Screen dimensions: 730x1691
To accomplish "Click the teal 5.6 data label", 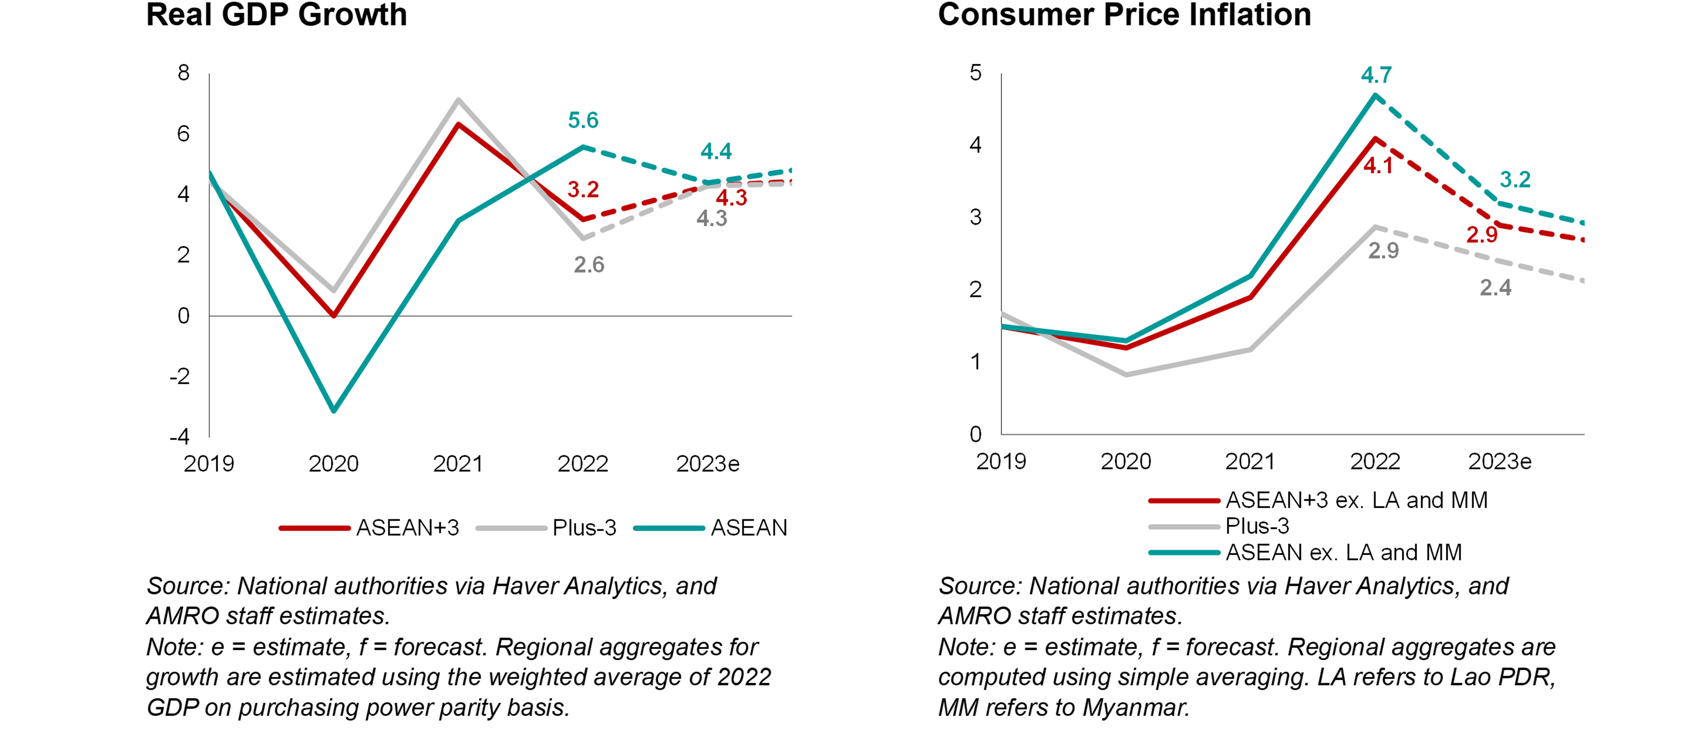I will point(583,120).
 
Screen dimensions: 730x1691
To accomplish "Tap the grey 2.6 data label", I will point(589,264).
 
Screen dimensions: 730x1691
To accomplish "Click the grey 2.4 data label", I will point(1495,287).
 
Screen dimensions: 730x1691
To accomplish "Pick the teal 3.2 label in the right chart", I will point(1515,179).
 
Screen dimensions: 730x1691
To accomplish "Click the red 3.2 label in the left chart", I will point(583,190).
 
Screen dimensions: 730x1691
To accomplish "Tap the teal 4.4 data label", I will point(716,152).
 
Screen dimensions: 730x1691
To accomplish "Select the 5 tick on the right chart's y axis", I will point(975,73).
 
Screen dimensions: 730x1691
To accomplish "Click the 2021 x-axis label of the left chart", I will point(457,464).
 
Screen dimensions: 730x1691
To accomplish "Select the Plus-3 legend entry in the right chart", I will point(1257,526).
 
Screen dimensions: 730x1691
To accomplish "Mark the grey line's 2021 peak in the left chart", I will point(458,100).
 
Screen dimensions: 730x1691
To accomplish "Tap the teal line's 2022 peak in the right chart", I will point(1374,96).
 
